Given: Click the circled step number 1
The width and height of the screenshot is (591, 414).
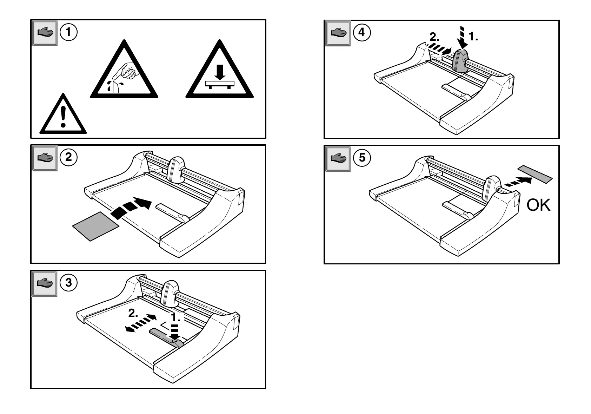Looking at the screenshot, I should click(68, 32).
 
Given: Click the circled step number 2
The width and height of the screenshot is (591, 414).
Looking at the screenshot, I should click(68, 157).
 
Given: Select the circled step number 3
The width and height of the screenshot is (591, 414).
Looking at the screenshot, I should click(68, 282).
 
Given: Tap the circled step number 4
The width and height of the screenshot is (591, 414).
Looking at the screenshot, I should click(362, 33).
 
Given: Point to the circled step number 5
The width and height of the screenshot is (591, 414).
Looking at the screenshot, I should click(362, 158).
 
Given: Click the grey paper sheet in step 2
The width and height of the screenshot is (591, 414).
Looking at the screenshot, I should click(95, 226).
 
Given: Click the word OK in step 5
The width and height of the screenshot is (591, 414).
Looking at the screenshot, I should click(538, 205).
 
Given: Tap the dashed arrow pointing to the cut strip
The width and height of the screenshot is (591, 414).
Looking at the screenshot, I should click(518, 182).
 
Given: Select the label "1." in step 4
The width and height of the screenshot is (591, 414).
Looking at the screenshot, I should click(473, 36).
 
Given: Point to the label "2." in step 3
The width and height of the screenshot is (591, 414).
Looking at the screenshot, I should click(133, 313).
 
